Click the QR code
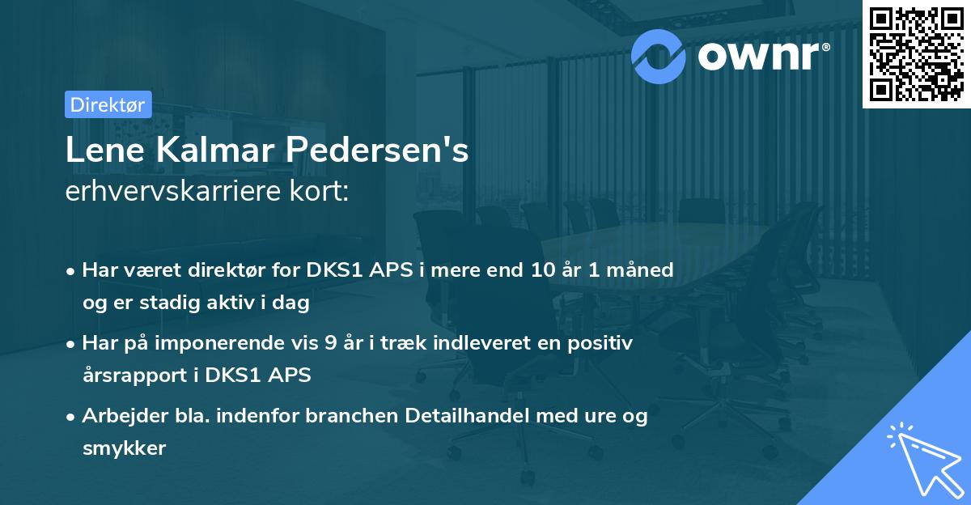pyautogui.click(x=916, y=54)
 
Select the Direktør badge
pyautogui.click(x=108, y=104)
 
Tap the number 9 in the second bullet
pyautogui.click(x=330, y=342)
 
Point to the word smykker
pyautogui.click(x=124, y=449)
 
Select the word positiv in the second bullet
pyautogui.click(x=603, y=342)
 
